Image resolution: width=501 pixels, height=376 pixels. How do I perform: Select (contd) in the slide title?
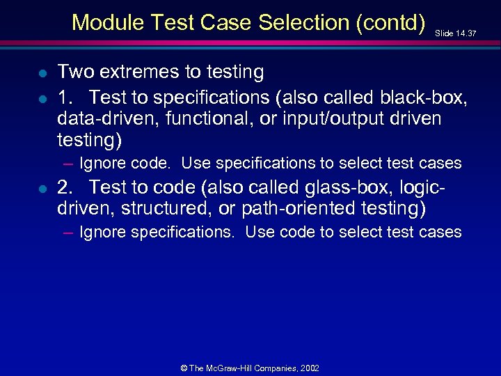tap(390, 22)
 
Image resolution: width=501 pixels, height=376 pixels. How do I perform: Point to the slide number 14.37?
tap(464, 33)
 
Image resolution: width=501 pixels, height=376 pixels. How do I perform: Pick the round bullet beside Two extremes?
tap(42, 72)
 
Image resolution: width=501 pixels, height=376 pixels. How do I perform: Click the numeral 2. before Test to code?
tap(67, 187)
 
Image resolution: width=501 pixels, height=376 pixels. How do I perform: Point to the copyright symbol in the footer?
tap(184, 368)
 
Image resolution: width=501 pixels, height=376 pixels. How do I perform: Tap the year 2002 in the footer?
tap(309, 368)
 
